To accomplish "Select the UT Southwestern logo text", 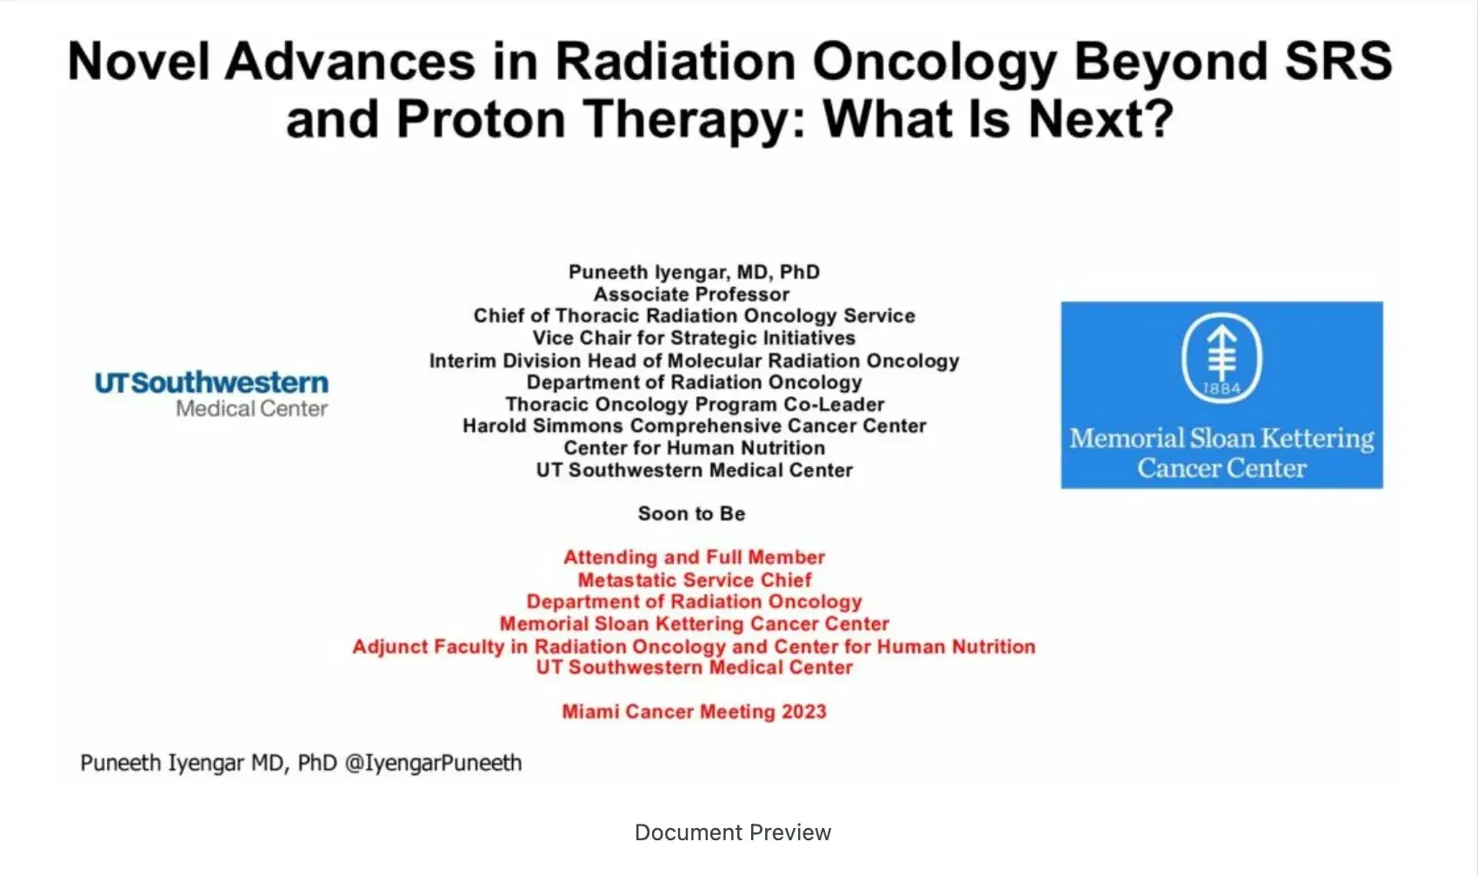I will pyautogui.click(x=211, y=383).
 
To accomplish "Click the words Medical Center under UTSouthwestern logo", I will pyautogui.click(x=251, y=409).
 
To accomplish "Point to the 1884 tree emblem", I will pyautogui.click(x=1222, y=357).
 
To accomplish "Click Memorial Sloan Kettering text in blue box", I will pyautogui.click(x=1222, y=438).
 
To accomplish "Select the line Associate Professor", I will pyautogui.click(x=692, y=295).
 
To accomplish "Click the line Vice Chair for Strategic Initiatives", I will pyautogui.click(x=694, y=338).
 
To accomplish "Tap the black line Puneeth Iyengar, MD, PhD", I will pyautogui.click(x=694, y=272).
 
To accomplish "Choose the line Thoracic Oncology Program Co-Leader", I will pyautogui.click(x=695, y=404).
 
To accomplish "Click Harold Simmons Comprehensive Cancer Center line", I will pyautogui.click(x=694, y=426).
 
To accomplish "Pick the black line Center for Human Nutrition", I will pyautogui.click(x=694, y=448).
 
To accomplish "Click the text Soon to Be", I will pyautogui.click(x=691, y=514).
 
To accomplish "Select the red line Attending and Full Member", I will pyautogui.click(x=694, y=558).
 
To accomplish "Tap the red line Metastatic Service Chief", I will pyautogui.click(x=694, y=580).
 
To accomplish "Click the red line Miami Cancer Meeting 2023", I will pyautogui.click(x=694, y=712).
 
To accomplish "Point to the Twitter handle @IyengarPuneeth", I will pyautogui.click(x=433, y=764).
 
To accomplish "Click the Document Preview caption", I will pyautogui.click(x=733, y=833).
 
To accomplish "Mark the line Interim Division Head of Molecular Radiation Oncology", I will pyautogui.click(x=694, y=361).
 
